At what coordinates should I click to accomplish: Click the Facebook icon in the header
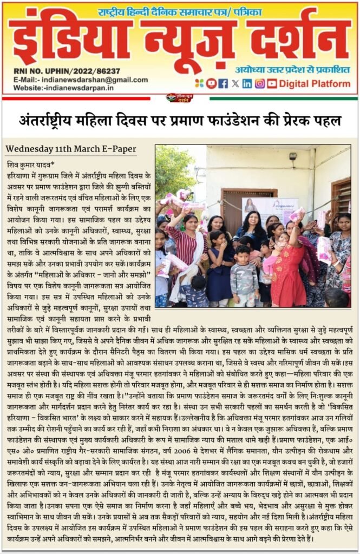click(x=223, y=83)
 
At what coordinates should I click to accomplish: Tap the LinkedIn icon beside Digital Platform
click(x=247, y=83)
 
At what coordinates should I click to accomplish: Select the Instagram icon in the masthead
click(x=259, y=83)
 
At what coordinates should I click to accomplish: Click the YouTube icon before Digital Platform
click(x=271, y=83)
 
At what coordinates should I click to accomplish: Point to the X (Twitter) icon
click(x=235, y=83)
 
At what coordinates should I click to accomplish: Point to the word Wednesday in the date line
click(x=27, y=149)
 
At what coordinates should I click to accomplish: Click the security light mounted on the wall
click(x=292, y=156)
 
